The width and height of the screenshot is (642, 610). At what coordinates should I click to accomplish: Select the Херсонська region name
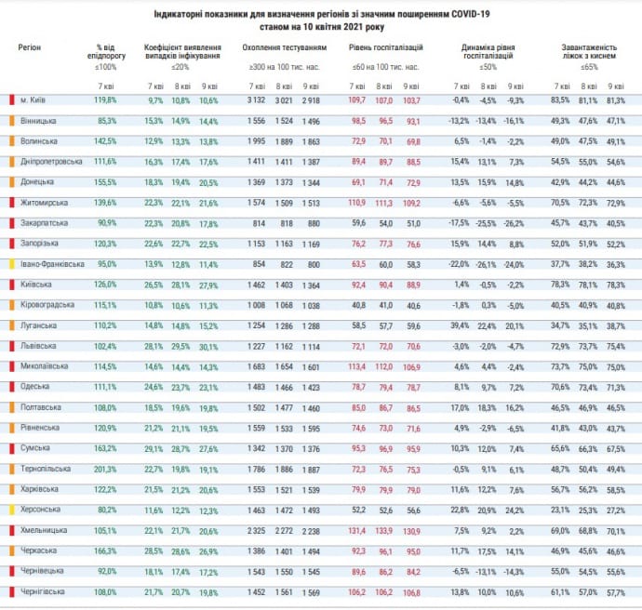(41, 510)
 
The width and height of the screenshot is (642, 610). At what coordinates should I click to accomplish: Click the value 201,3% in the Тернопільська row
(105, 469)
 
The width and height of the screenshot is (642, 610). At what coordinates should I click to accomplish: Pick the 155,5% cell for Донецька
(105, 181)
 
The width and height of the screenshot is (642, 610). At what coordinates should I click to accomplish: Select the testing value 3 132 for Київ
(258, 99)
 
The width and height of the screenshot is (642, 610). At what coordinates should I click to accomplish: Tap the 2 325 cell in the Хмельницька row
(258, 530)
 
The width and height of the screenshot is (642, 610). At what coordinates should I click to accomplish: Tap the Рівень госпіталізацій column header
(385, 46)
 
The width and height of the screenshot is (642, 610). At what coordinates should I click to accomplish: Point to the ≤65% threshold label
(588, 67)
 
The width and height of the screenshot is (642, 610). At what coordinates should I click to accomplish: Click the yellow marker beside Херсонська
(12, 510)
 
